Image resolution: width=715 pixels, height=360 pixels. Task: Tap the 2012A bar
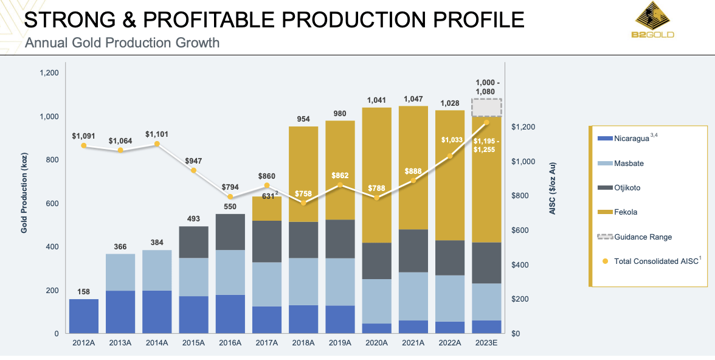[84, 316]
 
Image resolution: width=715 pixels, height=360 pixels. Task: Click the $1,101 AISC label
[157, 134]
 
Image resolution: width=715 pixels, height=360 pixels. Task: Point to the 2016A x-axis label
[230, 343]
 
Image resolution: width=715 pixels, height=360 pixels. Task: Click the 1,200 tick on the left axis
[49, 73]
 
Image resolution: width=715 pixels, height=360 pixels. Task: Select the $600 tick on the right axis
[520, 230]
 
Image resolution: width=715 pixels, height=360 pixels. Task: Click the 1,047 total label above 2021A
[413, 99]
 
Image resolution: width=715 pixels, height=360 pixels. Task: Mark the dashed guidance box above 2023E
[486, 108]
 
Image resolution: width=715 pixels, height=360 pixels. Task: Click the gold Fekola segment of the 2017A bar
[267, 209]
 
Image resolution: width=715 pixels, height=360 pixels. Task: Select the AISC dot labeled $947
[194, 170]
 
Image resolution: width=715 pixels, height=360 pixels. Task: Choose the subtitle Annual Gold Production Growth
[122, 43]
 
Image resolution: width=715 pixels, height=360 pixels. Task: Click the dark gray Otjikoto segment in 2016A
[230, 232]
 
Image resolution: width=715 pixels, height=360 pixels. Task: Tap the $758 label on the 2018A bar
[303, 194]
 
